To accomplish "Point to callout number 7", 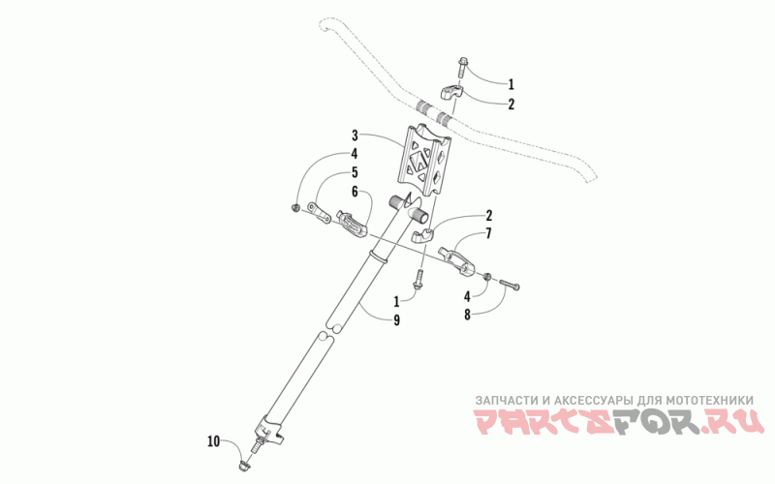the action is (488, 233).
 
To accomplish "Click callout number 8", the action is (467, 315).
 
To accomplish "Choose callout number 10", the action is (213, 442).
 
